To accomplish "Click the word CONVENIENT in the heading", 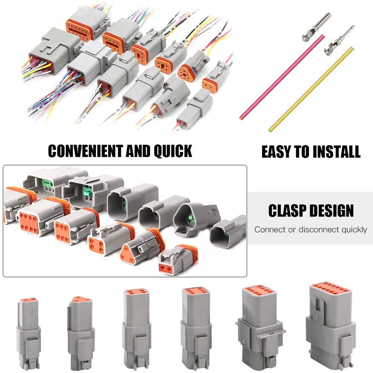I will click(x=85, y=151).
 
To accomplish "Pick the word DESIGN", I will click(x=332, y=211).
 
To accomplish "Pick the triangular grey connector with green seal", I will click(x=192, y=218).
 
